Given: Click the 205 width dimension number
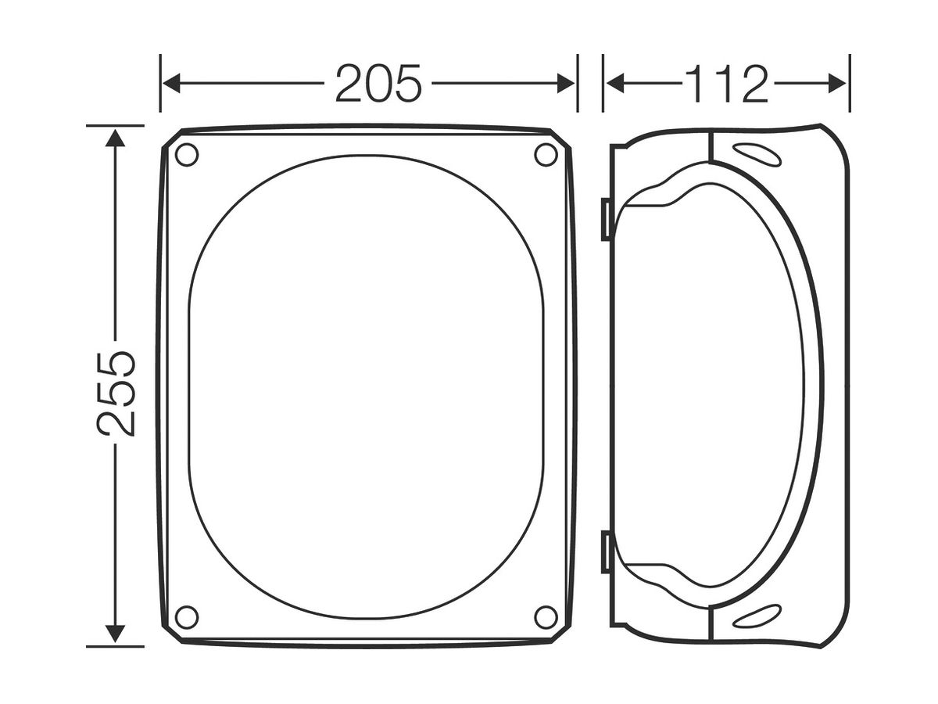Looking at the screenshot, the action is click(378, 84).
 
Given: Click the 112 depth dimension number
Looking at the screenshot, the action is click(726, 84).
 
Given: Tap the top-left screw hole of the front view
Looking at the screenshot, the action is click(187, 155).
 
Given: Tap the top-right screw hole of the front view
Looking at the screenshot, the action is click(546, 155).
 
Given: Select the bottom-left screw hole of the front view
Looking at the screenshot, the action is click(187, 617).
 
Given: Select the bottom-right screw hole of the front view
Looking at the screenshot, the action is click(546, 617).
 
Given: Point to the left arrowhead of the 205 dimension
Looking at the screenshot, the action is click(171, 84).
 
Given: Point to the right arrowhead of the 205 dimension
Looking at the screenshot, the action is click(566, 84).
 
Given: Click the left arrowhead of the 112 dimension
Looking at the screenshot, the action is click(615, 84).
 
